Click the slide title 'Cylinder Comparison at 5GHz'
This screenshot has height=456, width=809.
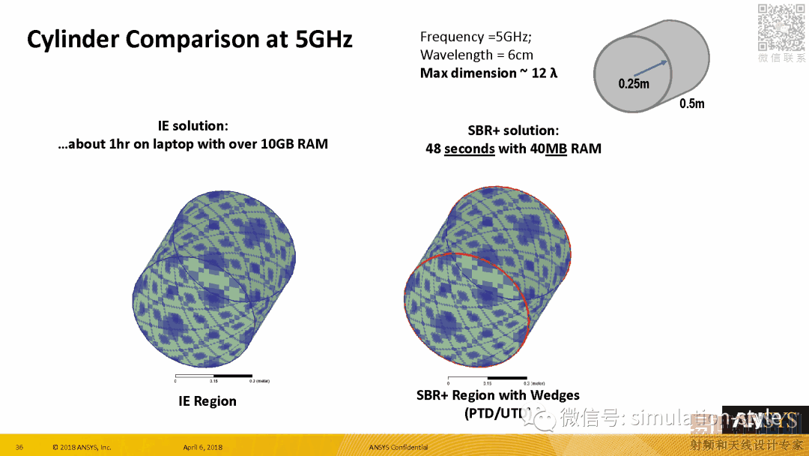[x=190, y=39]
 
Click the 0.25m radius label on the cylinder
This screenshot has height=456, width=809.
[x=634, y=84]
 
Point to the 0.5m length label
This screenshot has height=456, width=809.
[x=692, y=103]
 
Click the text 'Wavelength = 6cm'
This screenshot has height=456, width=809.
[x=476, y=55]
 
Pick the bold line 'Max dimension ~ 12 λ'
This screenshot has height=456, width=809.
[x=488, y=73]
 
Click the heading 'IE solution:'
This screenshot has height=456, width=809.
[x=193, y=126]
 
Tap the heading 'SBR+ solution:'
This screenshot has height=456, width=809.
[x=513, y=130]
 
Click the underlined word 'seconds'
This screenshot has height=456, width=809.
[x=469, y=148]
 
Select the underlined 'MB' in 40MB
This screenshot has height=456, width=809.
[x=555, y=148]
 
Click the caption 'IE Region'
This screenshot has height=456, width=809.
[x=207, y=401]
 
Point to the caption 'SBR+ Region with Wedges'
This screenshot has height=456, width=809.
[x=497, y=395]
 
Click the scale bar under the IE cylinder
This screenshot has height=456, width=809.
[x=213, y=375]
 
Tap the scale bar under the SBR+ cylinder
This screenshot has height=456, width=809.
[x=487, y=377]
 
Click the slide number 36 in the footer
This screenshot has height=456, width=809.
[x=19, y=448]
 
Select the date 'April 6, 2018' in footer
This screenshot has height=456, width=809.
[x=202, y=448]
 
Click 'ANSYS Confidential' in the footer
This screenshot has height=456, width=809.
[x=399, y=448]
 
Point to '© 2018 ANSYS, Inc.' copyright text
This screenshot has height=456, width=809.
[x=82, y=448]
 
